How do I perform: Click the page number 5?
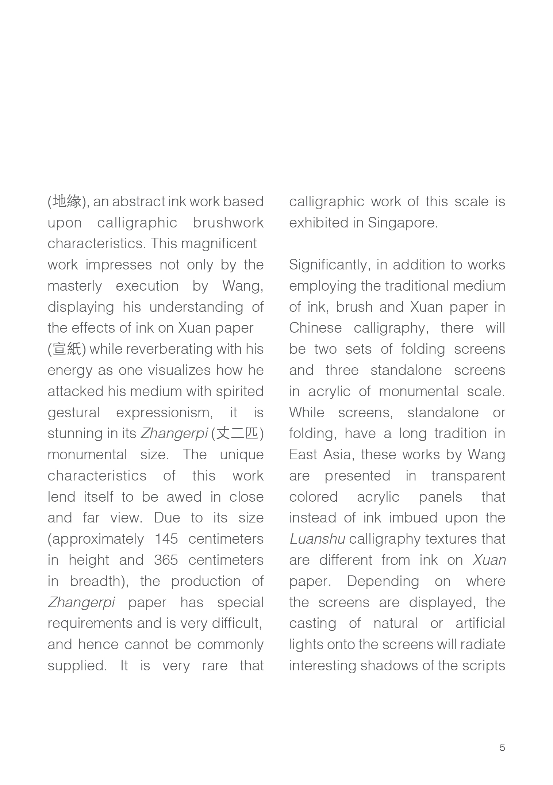point(502,747)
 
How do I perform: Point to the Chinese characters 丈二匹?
point(237,433)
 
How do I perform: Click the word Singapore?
point(402,223)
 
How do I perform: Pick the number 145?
point(166,539)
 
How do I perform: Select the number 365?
point(166,560)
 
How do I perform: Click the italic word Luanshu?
point(317,539)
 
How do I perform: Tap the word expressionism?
point(164,413)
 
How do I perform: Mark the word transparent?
point(468,476)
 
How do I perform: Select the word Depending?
point(383,581)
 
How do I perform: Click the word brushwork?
point(228,223)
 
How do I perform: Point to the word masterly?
point(74,286)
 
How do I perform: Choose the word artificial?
point(480,623)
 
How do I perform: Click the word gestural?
point(73,413)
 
